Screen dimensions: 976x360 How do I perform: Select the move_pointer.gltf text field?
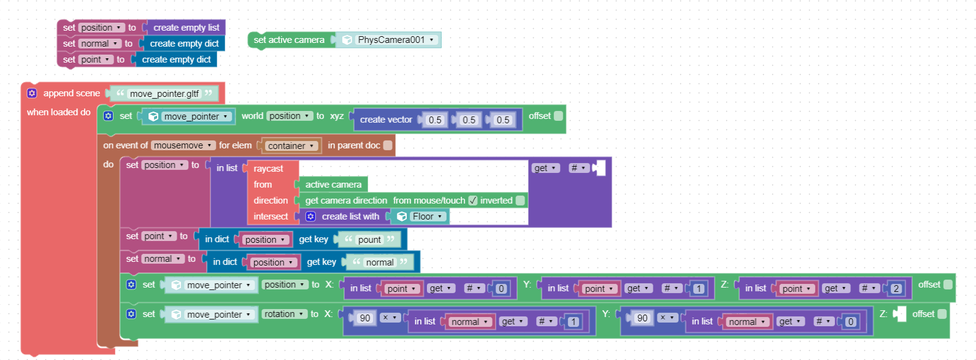[x=164, y=94]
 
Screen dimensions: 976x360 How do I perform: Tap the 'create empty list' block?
[x=186, y=28]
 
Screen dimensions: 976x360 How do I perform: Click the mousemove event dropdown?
[x=183, y=145]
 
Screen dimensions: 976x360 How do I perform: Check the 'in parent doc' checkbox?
[x=387, y=145]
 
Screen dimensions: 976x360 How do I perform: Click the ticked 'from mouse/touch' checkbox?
[x=473, y=201]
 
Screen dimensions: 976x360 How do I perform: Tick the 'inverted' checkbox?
[x=520, y=201]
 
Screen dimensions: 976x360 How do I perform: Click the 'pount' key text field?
[x=369, y=240]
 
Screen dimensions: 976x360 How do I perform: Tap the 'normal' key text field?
[x=380, y=262]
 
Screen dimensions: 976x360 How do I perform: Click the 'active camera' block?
[x=333, y=185]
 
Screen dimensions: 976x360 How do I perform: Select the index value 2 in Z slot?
[x=896, y=288]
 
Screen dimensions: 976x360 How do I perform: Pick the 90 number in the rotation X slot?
[x=365, y=318]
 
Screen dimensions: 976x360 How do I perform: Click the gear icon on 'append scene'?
[x=32, y=93]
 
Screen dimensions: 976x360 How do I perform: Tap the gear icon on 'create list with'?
[x=310, y=216]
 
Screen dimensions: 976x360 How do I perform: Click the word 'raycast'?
[x=269, y=169]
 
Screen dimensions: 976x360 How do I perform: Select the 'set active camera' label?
[x=289, y=40]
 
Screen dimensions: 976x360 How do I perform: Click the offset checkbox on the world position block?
[x=558, y=116]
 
